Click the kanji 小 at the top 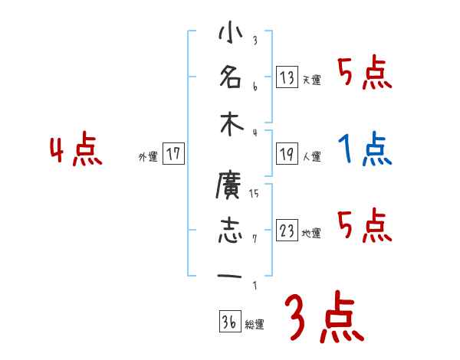229,35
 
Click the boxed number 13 287,77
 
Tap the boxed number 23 287,231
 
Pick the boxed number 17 174,155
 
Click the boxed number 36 229,322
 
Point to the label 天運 311,80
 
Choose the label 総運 255,324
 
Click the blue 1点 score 365,149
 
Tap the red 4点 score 76,150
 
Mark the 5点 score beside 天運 365,73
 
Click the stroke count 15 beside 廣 255,193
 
